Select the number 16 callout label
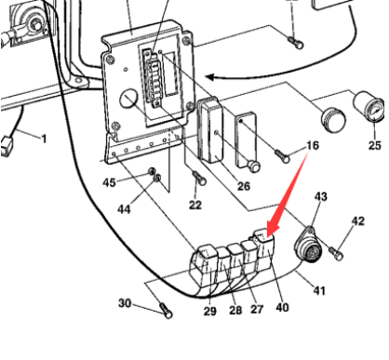pos(312,146)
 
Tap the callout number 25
pos(374,145)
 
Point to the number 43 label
pos(320,197)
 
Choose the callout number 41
pos(318,291)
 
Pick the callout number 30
pos(125,303)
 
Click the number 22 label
pos(194,204)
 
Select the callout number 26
pos(244,186)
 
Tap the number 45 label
pos(110,182)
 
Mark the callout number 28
pos(235,309)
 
